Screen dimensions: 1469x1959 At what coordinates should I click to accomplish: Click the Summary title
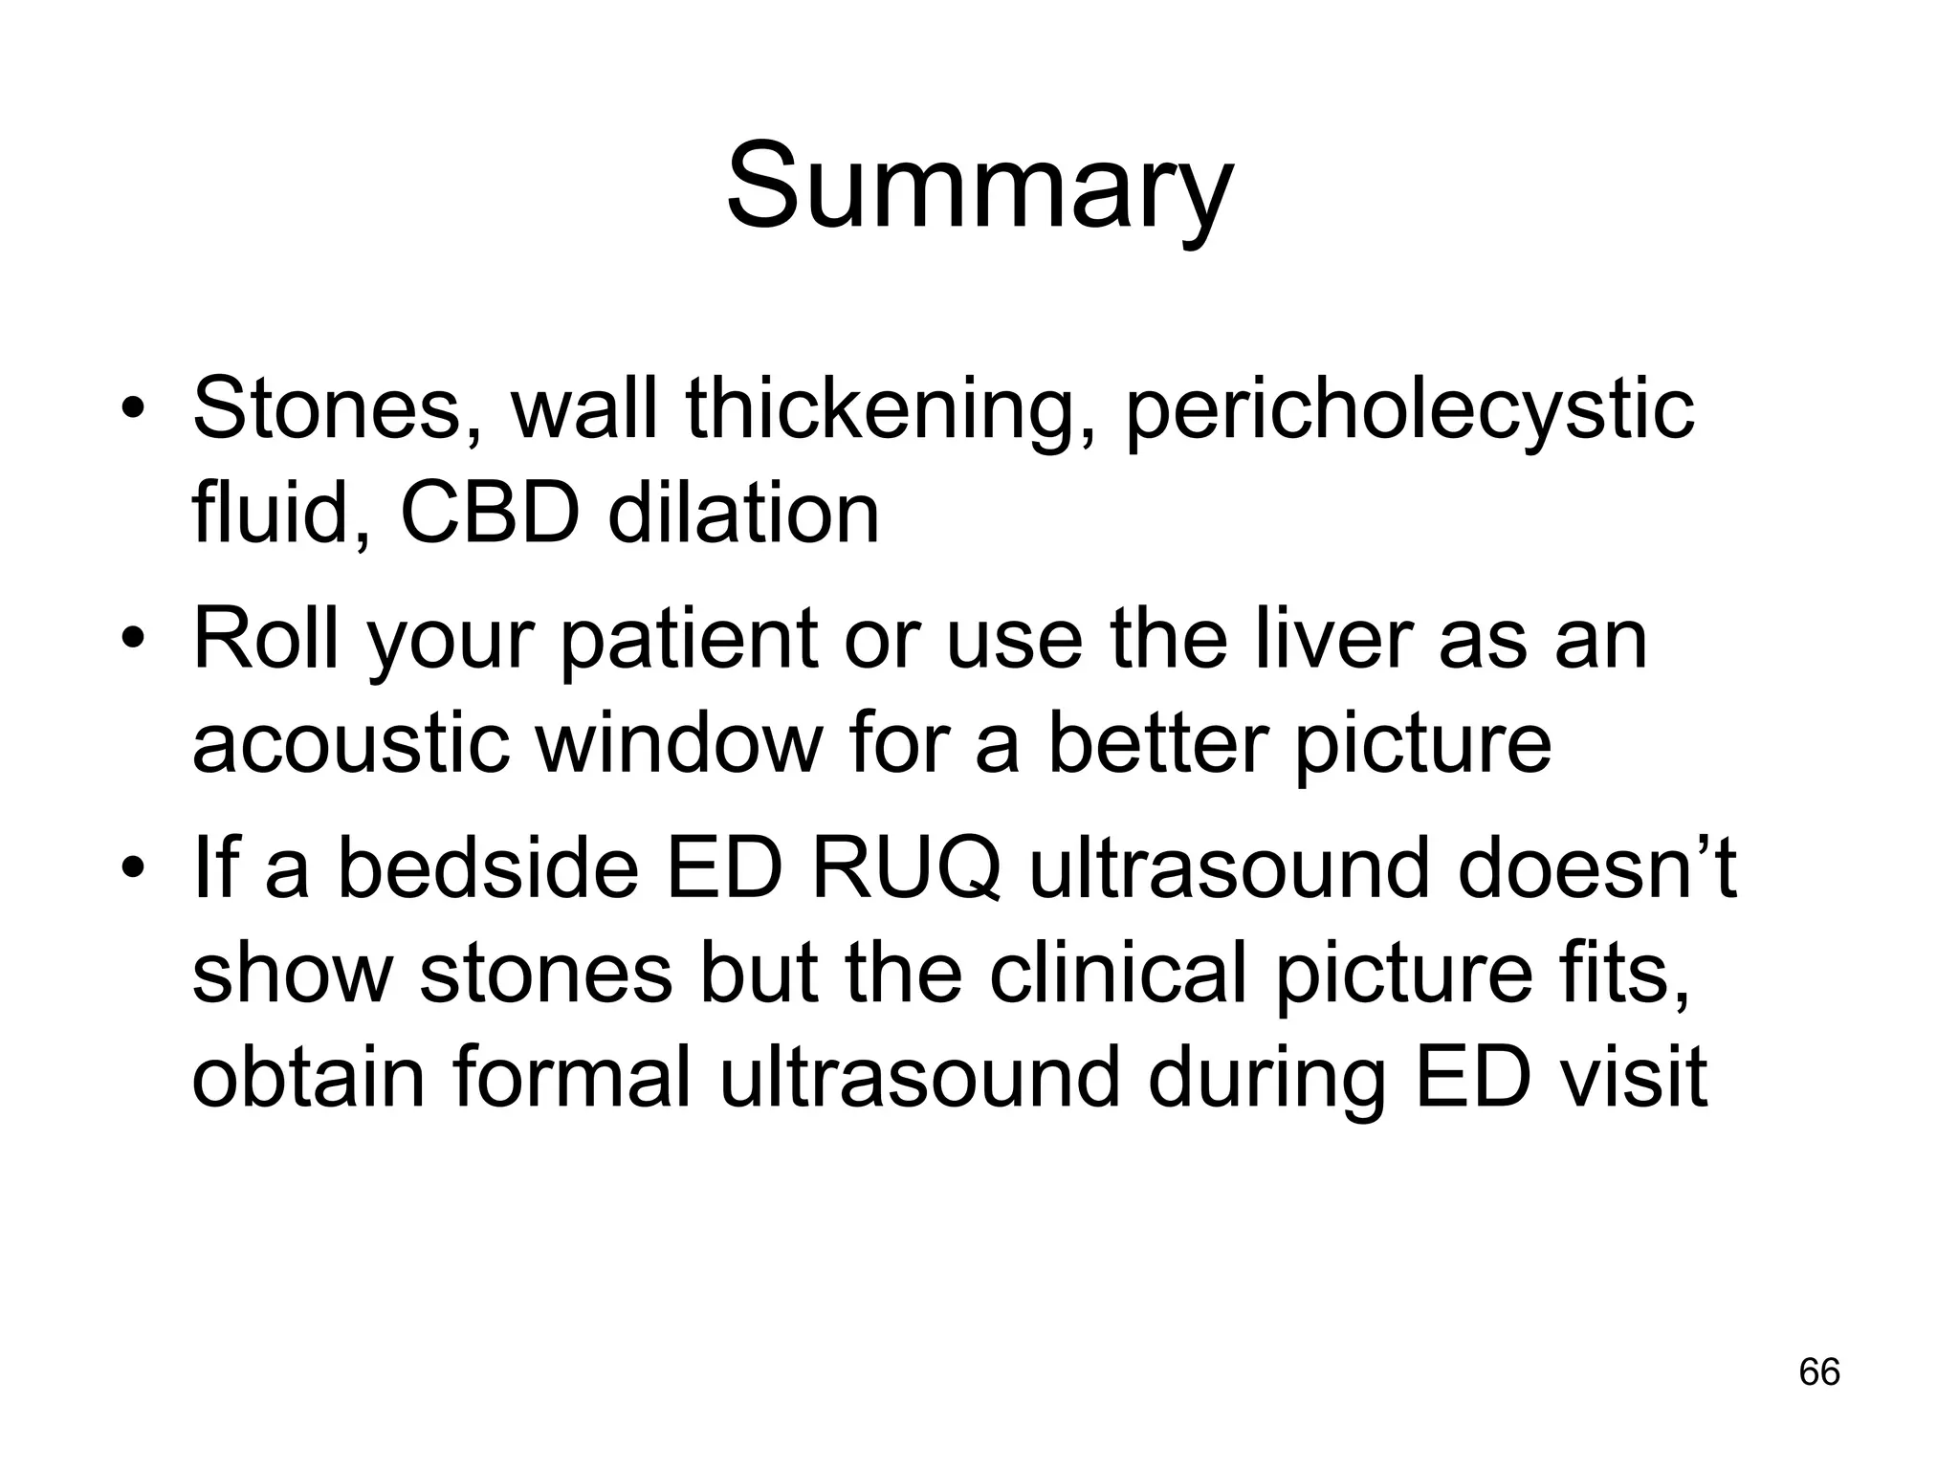click(x=979, y=186)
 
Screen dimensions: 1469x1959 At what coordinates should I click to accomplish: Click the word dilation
click(x=743, y=513)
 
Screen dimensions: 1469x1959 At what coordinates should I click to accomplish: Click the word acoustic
click(x=350, y=744)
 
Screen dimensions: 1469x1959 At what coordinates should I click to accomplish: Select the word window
click(x=679, y=744)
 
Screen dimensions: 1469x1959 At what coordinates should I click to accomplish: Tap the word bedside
click(x=488, y=868)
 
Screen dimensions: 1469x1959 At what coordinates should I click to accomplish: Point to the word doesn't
click(x=1596, y=868)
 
